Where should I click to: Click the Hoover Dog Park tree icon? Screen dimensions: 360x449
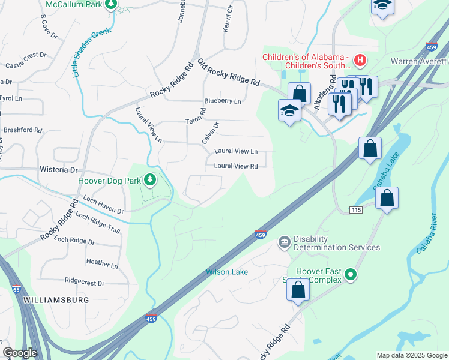(x=149, y=179)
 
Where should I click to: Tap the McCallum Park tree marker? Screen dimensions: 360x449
(x=110, y=4)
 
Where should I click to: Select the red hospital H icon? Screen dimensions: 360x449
(x=360, y=60)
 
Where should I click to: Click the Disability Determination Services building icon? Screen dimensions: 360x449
(x=284, y=242)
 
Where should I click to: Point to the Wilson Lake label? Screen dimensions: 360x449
(x=227, y=272)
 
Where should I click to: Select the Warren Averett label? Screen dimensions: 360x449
(x=419, y=61)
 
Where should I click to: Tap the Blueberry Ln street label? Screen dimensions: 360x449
(x=222, y=101)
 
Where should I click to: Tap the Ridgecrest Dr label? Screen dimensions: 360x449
(x=84, y=282)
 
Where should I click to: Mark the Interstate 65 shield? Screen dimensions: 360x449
(x=17, y=289)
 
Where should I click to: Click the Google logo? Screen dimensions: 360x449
(x=20, y=353)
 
